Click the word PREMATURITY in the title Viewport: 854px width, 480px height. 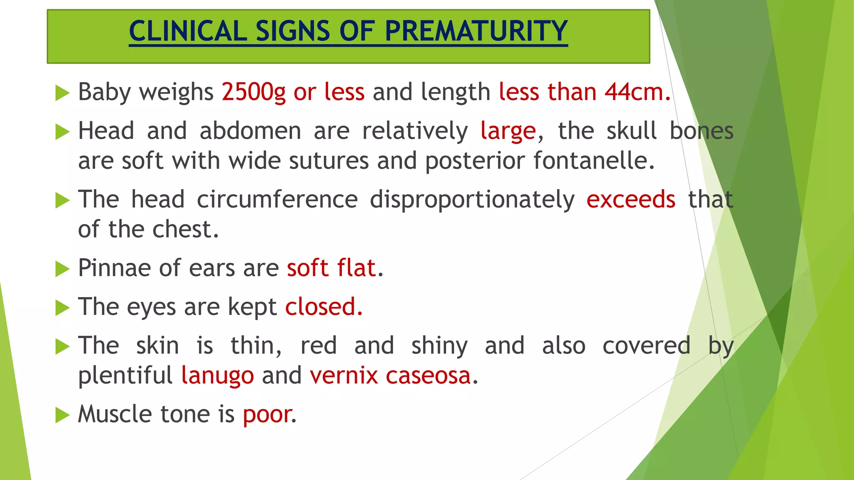coord(476,31)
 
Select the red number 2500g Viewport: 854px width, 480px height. coord(254,92)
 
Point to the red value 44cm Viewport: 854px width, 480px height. coord(638,92)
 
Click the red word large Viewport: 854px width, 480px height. coord(508,131)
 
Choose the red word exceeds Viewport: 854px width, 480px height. coord(630,200)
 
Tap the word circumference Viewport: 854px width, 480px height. coord(277,200)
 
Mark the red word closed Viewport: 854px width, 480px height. coord(324,307)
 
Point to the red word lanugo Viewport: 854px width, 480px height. coord(218,376)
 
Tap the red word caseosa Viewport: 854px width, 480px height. coord(428,376)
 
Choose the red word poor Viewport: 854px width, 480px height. coord(268,415)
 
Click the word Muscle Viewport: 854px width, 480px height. coord(115,415)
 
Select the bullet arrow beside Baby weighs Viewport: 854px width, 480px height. coord(62,93)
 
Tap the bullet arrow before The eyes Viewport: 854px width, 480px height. coord(62,308)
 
